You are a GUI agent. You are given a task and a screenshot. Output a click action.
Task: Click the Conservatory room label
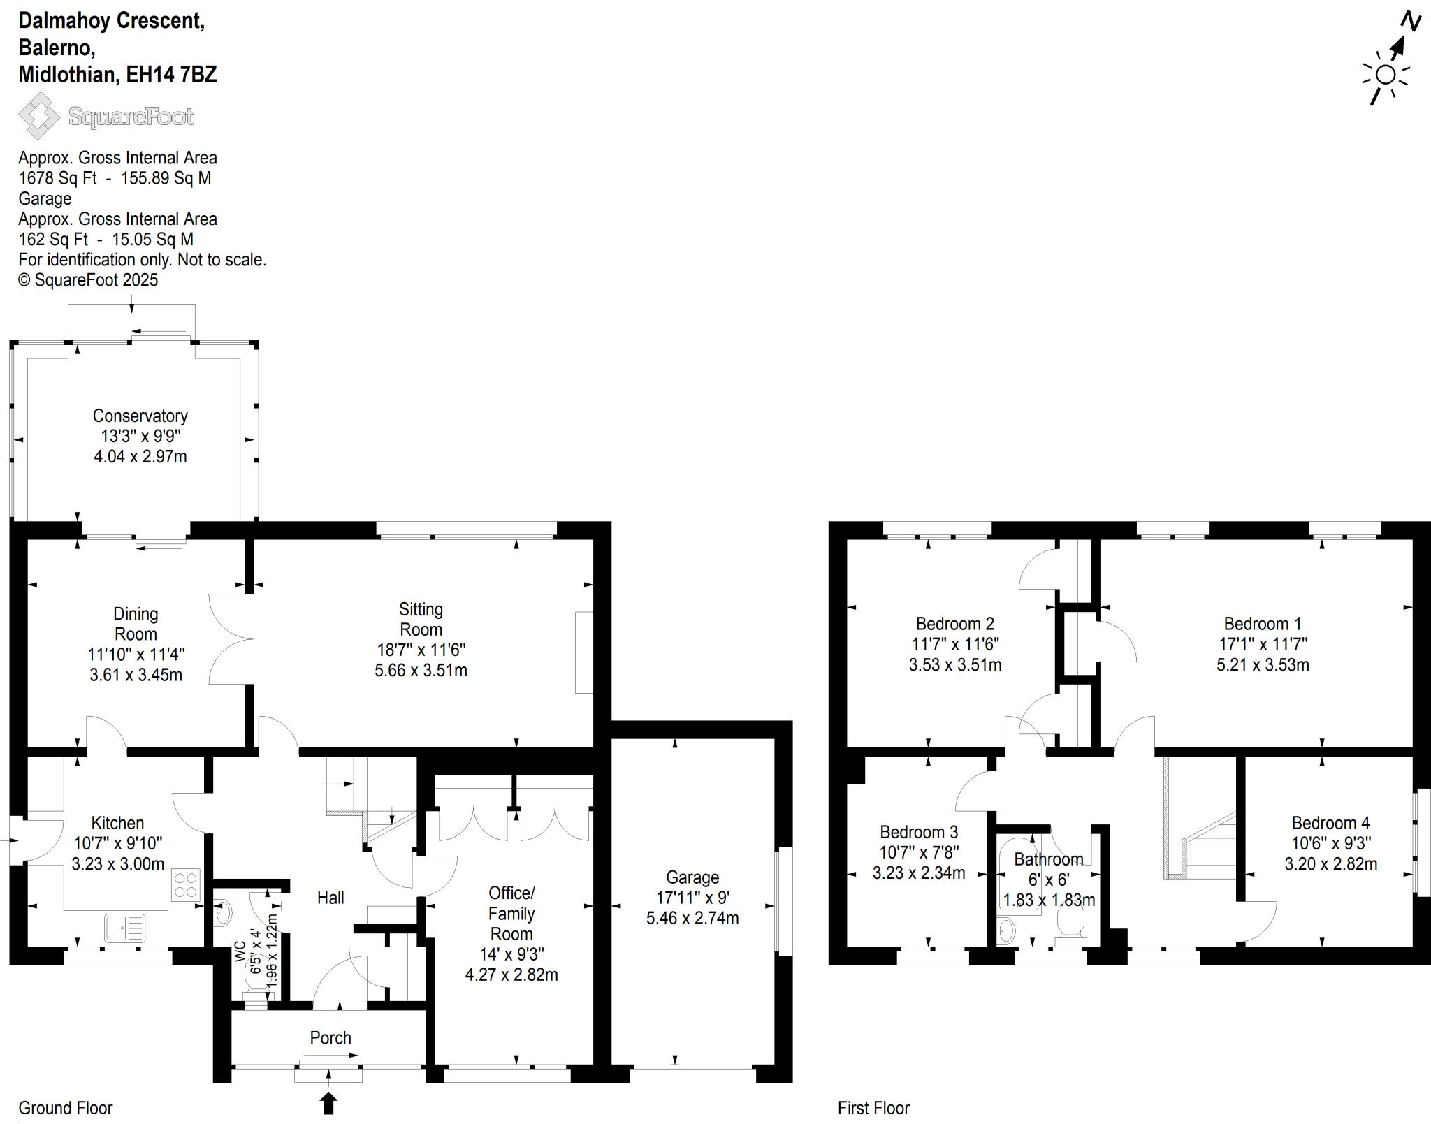140,416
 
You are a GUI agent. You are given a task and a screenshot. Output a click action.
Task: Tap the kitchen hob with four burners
186,884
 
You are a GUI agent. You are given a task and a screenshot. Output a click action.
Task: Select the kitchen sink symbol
124,928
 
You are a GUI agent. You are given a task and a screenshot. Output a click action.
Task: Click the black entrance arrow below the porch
328,1103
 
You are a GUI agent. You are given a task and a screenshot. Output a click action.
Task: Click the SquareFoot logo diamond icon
39,116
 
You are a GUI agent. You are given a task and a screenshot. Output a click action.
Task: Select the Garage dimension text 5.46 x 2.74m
692,918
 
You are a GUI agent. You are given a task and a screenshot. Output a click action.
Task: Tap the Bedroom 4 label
1330,823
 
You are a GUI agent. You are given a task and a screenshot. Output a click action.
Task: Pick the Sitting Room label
421,619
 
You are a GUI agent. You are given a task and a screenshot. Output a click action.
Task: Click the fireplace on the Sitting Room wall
583,652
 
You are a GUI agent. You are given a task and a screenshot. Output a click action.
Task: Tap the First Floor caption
873,1108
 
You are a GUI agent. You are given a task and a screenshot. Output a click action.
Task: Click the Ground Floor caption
65,1108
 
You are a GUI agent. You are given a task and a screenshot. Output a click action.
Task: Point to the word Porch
330,1037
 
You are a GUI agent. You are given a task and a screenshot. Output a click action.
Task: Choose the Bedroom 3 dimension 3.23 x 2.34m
919,873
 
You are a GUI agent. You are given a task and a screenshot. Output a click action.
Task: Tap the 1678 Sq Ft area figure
57,178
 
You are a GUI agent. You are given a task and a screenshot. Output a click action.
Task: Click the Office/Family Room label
511,913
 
